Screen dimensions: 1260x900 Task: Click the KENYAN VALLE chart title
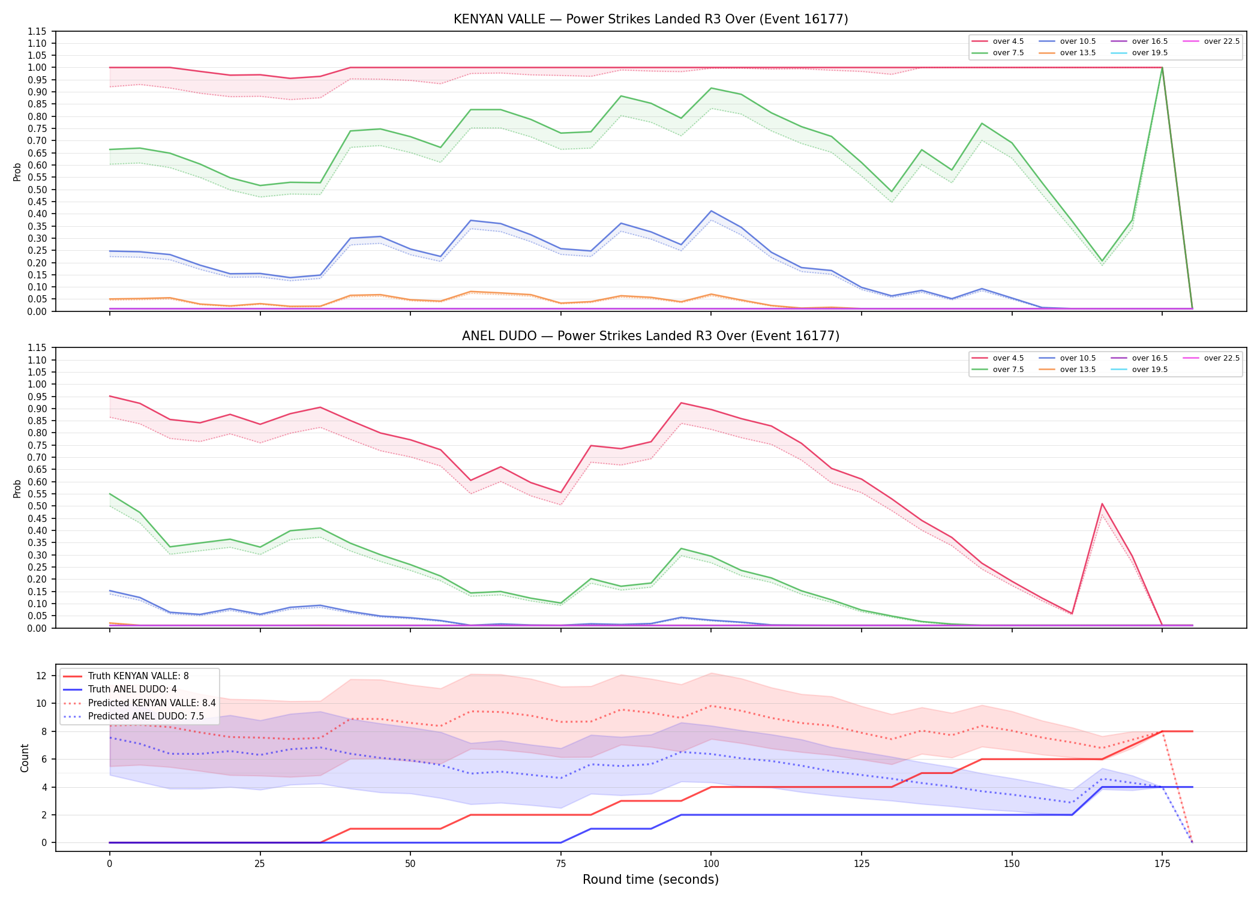point(650,19)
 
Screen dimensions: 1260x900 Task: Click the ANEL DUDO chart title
point(650,336)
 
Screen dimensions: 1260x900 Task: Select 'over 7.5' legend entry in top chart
point(998,53)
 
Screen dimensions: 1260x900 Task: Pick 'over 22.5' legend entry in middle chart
point(1211,358)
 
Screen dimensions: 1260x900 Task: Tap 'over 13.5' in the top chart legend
point(1067,53)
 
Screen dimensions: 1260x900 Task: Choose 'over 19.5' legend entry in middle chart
point(1139,370)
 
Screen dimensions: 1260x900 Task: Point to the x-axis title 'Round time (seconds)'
point(650,880)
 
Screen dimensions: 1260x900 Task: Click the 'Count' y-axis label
point(25,758)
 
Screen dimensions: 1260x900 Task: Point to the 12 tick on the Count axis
point(41,676)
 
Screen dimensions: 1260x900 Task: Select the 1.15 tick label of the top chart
point(37,31)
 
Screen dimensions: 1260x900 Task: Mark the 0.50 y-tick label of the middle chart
point(37,506)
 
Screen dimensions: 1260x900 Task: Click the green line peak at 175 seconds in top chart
point(1162,68)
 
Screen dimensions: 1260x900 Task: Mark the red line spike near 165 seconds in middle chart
point(1102,504)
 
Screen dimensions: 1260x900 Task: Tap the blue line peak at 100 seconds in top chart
point(711,211)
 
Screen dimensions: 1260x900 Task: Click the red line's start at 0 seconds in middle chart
point(110,396)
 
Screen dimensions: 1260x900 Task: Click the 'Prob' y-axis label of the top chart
point(17,172)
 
